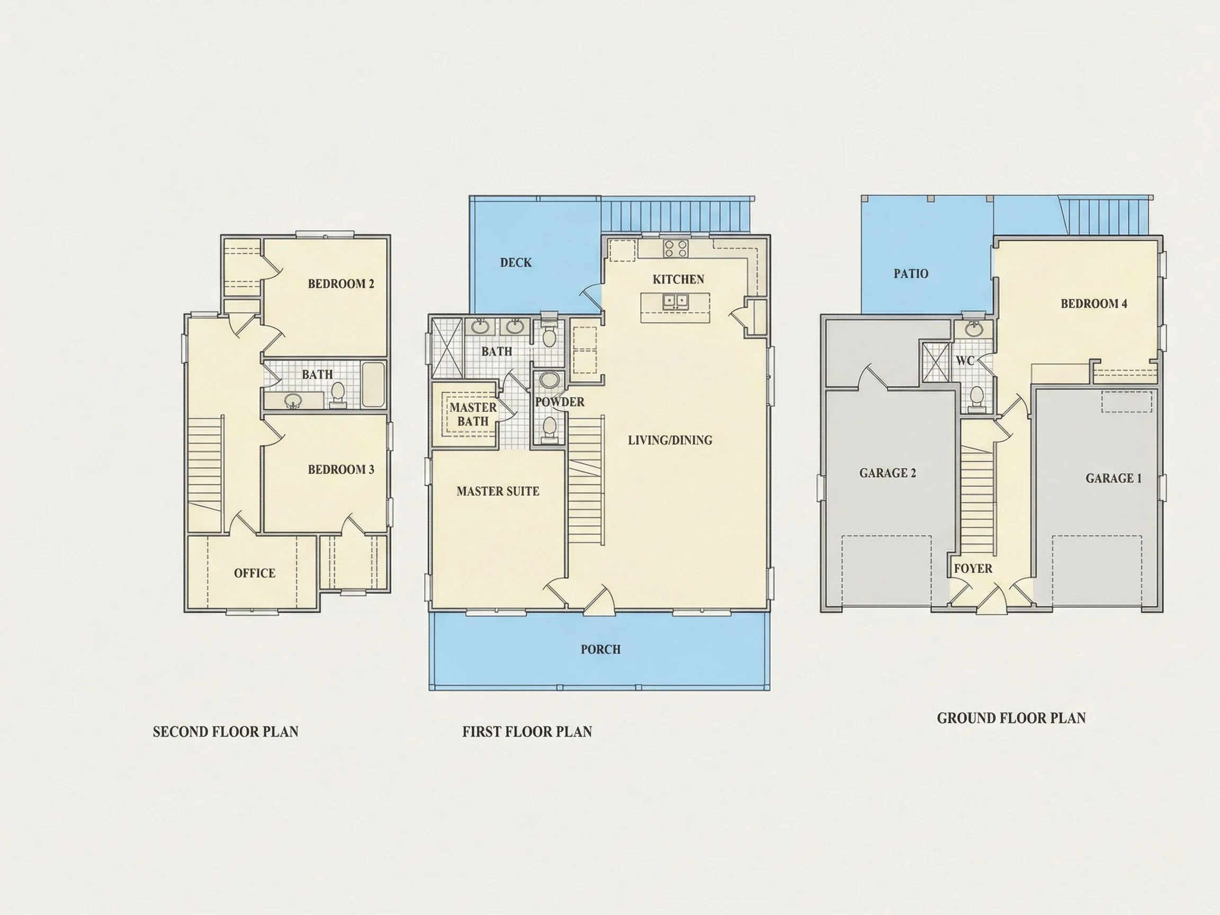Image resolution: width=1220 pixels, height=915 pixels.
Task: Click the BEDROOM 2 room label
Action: tap(341, 284)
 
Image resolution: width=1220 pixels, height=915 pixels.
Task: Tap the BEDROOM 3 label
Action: tap(341, 469)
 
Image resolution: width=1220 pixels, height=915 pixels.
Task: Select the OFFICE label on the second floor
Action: tap(254, 573)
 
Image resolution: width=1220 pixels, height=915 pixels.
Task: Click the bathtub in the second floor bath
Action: tap(373, 384)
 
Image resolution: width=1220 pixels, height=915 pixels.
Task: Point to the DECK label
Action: tap(516, 263)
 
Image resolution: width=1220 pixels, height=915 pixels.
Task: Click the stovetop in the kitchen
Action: tap(676, 248)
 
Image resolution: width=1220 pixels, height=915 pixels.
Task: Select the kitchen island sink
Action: tap(675, 301)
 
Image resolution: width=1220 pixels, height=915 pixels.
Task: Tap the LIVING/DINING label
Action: tap(670, 440)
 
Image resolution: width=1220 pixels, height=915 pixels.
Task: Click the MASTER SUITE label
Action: tap(498, 491)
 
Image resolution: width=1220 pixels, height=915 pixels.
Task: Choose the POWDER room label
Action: tap(560, 402)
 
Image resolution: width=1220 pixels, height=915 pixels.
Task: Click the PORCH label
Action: tap(600, 650)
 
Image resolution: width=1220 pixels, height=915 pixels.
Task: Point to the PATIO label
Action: tap(911, 274)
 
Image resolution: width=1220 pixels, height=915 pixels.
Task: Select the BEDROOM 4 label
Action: tap(1095, 304)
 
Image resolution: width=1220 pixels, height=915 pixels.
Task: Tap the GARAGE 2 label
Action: tap(888, 473)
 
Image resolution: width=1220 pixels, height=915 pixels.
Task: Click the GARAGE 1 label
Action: tap(1114, 479)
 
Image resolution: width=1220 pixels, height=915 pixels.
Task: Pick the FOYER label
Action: tap(973, 569)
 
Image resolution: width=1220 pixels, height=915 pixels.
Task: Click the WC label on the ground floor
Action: tap(965, 361)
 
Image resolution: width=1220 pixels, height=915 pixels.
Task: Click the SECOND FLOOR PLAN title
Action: tap(226, 732)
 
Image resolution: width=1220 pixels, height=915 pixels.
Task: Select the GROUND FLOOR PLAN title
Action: tap(1011, 718)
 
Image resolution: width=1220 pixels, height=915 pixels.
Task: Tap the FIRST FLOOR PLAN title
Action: tap(527, 732)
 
